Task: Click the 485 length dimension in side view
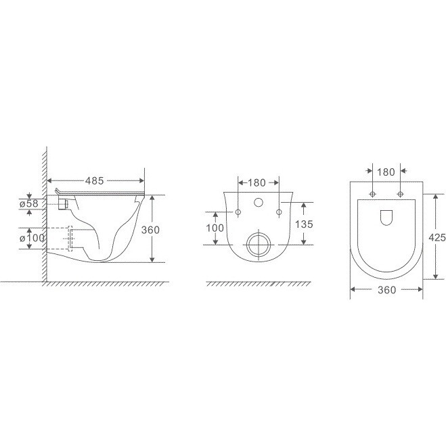click(94, 180)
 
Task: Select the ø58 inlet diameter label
click(29, 203)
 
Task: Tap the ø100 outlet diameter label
click(32, 238)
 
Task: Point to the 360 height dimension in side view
click(150, 230)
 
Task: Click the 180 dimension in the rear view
click(257, 182)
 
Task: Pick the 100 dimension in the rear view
click(215, 228)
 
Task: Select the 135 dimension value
click(304, 224)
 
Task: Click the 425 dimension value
click(437, 237)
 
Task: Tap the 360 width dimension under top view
click(386, 290)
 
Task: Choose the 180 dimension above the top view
click(386, 172)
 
